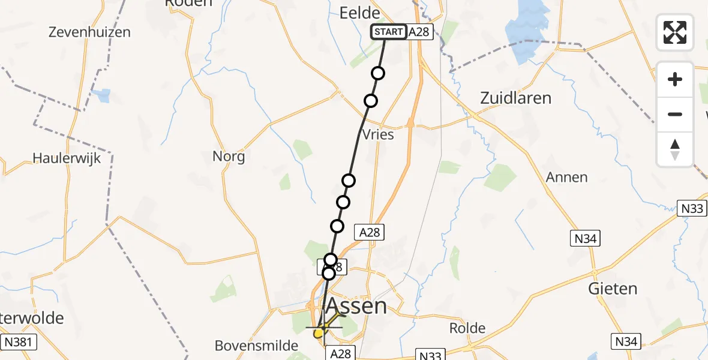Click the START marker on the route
click(x=389, y=32)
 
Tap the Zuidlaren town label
click(x=515, y=98)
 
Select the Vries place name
click(x=379, y=134)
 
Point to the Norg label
click(x=229, y=157)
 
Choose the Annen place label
click(x=566, y=178)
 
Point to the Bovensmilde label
click(x=257, y=346)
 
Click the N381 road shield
click(x=19, y=343)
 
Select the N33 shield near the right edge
click(x=692, y=208)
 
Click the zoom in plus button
click(x=675, y=79)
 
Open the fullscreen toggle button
click(x=675, y=32)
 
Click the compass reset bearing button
click(x=675, y=149)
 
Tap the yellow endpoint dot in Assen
click(x=318, y=333)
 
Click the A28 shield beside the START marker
click(x=419, y=32)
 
